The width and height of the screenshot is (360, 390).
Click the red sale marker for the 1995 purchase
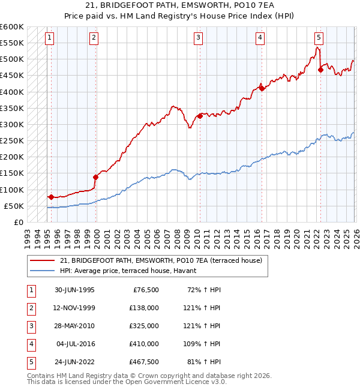[51, 197]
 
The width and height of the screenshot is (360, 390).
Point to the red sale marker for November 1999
[95, 177]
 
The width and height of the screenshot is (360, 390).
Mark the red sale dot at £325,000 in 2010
[200, 116]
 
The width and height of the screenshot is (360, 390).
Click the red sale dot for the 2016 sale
[261, 88]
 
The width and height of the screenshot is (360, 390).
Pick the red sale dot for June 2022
[320, 70]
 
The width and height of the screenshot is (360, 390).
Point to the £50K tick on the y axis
[14, 206]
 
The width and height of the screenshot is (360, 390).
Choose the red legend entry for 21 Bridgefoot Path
[161, 260]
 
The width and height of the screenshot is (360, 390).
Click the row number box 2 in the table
[30, 307]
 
